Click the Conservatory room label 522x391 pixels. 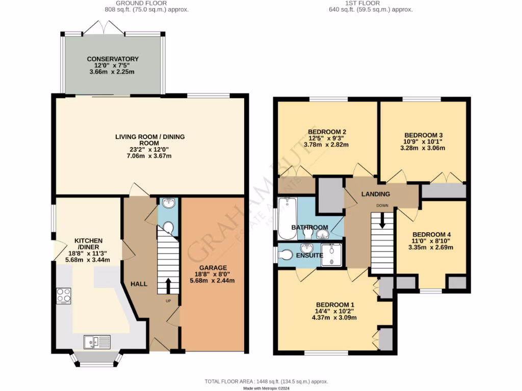[x=112, y=59]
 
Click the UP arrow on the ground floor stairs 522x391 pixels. [x=168, y=286]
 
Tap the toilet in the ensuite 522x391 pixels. [x=287, y=255]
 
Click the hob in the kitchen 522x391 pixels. [x=64, y=296]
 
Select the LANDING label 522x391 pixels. [x=375, y=194]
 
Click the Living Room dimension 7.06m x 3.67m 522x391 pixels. [x=149, y=156]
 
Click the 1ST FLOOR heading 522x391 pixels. [x=370, y=3]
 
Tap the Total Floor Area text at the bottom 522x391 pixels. [x=266, y=381]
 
